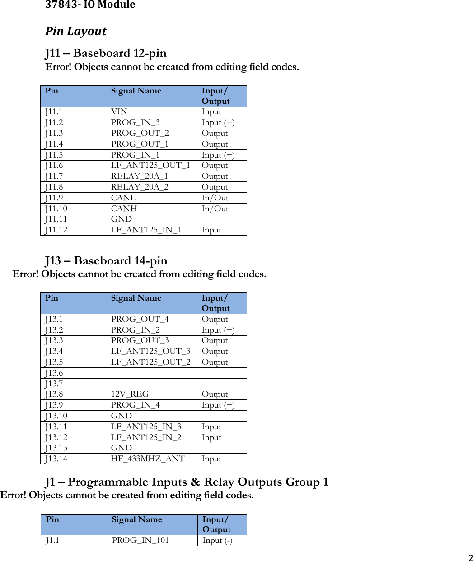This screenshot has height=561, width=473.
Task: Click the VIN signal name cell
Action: coord(119,112)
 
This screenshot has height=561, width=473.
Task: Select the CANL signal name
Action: coord(123,198)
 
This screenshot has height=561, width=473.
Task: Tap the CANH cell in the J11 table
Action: coord(124,209)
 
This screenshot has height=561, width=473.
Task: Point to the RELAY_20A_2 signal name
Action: coord(140,187)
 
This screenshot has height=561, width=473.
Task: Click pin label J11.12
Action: coord(56,230)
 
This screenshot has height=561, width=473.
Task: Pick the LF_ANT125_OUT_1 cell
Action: coord(150,166)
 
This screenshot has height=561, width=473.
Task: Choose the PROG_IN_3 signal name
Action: coord(135,123)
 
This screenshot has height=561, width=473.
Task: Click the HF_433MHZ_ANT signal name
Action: coord(148,459)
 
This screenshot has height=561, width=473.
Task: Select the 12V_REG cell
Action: coord(130,394)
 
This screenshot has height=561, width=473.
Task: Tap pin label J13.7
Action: coord(54,384)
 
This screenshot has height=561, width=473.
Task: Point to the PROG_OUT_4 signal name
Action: coord(140,320)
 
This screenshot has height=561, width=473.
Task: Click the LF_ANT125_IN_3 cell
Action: coord(146,427)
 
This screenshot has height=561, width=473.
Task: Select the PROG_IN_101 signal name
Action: coord(140,541)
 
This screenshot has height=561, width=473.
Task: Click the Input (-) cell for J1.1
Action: coord(217,541)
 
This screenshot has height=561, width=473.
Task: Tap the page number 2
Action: coord(470,557)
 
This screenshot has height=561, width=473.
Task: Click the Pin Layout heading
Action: coord(76,31)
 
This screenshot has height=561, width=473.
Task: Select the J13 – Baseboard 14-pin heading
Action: coord(106,261)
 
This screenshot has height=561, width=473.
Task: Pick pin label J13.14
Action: coord(56,459)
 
